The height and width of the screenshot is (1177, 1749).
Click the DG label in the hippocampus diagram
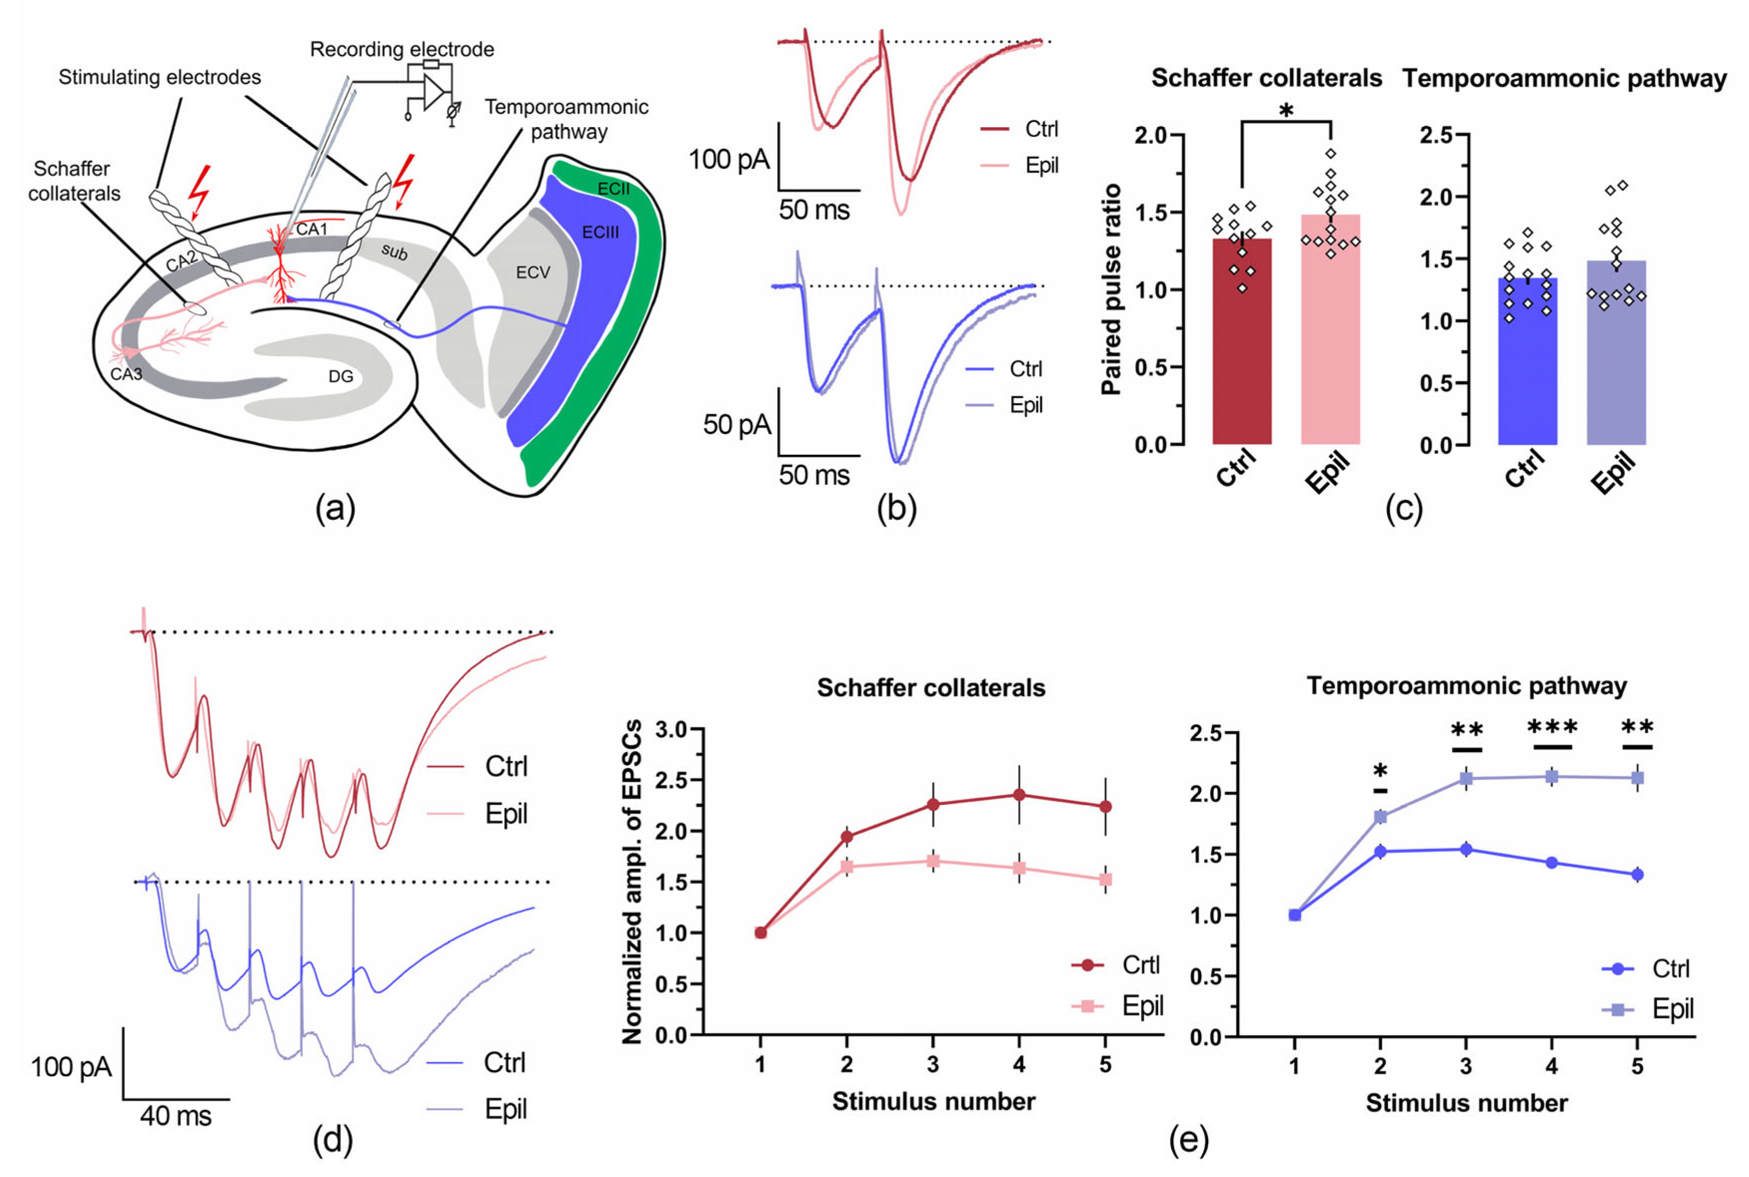coord(341,376)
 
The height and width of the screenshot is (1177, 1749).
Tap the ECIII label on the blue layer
coord(600,232)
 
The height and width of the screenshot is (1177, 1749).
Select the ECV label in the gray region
coord(533,273)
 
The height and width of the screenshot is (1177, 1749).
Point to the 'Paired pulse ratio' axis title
coord(1110,289)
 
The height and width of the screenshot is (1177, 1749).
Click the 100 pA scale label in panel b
coord(729,159)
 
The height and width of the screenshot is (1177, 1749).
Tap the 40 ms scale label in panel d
coord(176,1116)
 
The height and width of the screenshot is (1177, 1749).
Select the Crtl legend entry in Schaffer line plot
coord(1140,965)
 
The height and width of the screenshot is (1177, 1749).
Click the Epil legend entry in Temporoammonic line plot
coord(1673,1009)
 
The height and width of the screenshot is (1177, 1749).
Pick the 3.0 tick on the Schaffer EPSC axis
coord(671,730)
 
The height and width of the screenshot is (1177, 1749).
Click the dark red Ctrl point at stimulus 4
coord(1019,795)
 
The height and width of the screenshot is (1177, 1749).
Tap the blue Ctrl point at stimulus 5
coord(1637,874)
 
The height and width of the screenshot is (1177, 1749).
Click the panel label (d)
coord(333,1140)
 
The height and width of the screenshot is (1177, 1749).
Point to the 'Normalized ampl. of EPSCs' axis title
coord(633,882)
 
